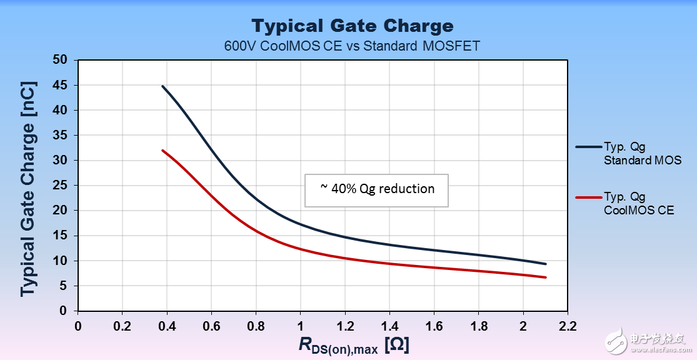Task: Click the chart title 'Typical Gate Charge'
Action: pyautogui.click(x=352, y=26)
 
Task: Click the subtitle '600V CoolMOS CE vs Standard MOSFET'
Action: pyautogui.click(x=352, y=46)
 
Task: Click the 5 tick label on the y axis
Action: pyautogui.click(x=66, y=286)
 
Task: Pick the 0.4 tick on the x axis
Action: pyautogui.click(x=167, y=326)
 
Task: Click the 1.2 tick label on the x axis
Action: pyautogui.click(x=344, y=326)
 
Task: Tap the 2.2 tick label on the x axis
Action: pyautogui.click(x=568, y=326)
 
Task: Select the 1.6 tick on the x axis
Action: pyautogui.click(x=434, y=326)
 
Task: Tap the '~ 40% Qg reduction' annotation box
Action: pyautogui.click(x=377, y=189)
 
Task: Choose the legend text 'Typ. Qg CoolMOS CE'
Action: pyautogui.click(x=638, y=204)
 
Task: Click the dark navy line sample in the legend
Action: pyautogui.click(x=588, y=147)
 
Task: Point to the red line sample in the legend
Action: pyautogui.click(x=588, y=197)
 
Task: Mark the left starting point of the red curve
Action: pyautogui.click(x=163, y=151)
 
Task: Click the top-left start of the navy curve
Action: pyautogui.click(x=163, y=86)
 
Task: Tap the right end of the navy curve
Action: pyautogui.click(x=546, y=264)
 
